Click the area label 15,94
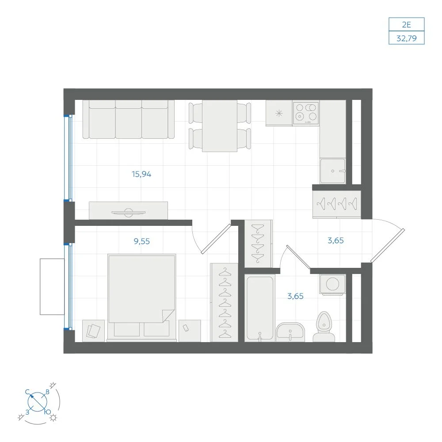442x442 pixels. click(141, 174)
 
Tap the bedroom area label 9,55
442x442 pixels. click(141, 241)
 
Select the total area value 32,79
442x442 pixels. click(407, 38)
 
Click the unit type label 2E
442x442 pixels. click(406, 24)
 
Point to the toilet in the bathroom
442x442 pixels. click(324, 327)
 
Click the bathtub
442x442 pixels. click(260, 308)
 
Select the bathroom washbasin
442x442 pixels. click(290, 332)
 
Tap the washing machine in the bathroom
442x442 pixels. click(333, 284)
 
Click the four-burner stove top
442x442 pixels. click(306, 113)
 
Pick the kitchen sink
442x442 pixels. click(333, 171)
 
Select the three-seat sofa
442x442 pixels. click(128, 119)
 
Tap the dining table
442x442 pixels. click(220, 126)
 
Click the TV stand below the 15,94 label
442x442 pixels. click(128, 210)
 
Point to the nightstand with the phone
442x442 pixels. click(190, 331)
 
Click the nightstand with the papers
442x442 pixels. click(93, 331)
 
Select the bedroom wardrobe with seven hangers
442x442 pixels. click(225, 302)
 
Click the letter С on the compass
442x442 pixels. click(27, 392)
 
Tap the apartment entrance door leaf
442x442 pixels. click(388, 245)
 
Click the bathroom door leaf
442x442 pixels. click(298, 257)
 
